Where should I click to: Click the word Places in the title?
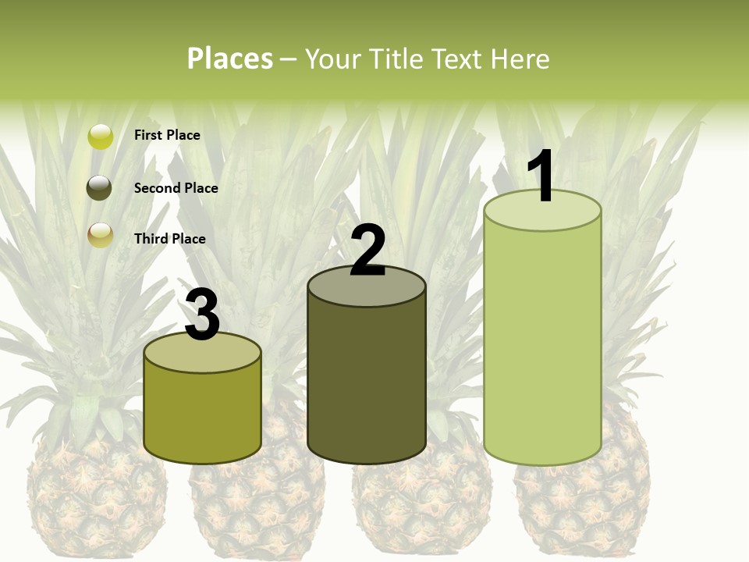pyautogui.click(x=230, y=59)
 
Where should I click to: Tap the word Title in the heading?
pyautogui.click(x=396, y=59)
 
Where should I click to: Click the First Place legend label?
pyautogui.click(x=167, y=135)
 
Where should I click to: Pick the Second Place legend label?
pyautogui.click(x=176, y=188)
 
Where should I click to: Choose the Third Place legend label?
pyautogui.click(x=169, y=239)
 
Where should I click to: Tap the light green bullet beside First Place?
pyautogui.click(x=100, y=137)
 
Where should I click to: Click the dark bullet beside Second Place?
pyautogui.click(x=100, y=188)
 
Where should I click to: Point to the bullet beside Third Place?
pyautogui.click(x=100, y=234)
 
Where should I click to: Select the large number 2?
pyautogui.click(x=367, y=251)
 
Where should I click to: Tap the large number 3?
pyautogui.click(x=202, y=315)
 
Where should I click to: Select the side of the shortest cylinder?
pyautogui.click(x=202, y=414)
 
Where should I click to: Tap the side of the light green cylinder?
pyautogui.click(x=542, y=343)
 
